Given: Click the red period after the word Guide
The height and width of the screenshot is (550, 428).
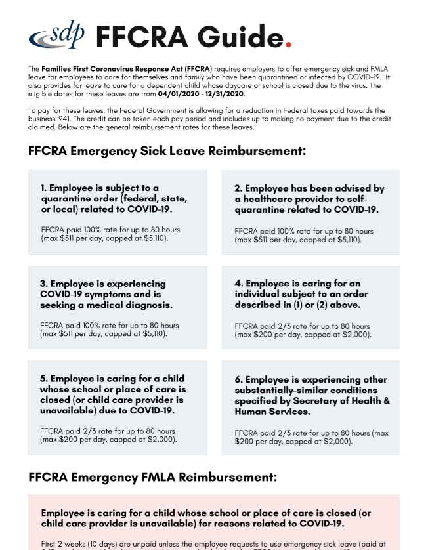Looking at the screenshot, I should (288, 43).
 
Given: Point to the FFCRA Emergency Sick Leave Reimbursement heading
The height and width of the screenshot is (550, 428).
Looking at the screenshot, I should (167, 151).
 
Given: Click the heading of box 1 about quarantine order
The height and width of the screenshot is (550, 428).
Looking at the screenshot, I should (115, 199).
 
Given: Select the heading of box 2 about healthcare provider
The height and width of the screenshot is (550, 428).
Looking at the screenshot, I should (309, 199).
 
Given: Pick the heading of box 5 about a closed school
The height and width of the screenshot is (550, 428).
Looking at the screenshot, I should (112, 394).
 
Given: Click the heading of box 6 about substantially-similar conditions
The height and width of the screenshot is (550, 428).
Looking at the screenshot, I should (312, 395).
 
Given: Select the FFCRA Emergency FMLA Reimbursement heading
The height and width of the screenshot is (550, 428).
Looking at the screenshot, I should (152, 477).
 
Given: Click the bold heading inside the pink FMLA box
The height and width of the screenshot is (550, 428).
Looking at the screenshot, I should (205, 518).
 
